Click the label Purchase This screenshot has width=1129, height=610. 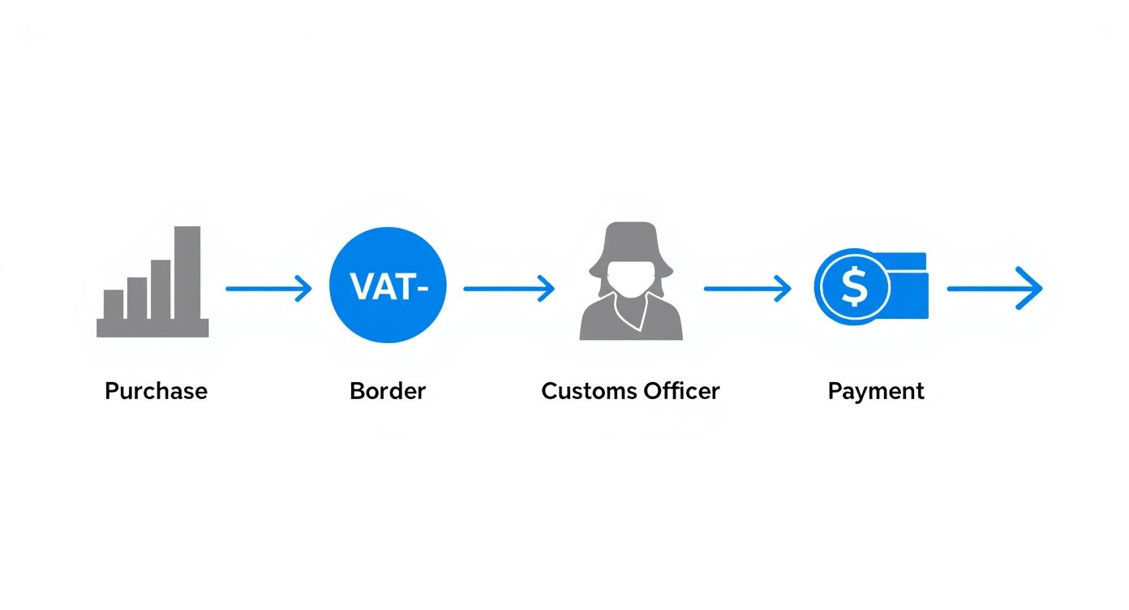click(x=156, y=391)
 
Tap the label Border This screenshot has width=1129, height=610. click(x=388, y=391)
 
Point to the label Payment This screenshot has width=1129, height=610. click(x=876, y=391)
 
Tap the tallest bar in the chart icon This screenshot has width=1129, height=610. click(x=187, y=273)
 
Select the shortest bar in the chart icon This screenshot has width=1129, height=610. click(x=114, y=304)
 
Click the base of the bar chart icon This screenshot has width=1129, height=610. click(x=152, y=328)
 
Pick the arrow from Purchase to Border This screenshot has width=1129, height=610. click(x=268, y=288)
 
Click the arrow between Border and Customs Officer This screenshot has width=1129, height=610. click(x=509, y=288)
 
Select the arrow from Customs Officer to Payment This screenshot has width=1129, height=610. click(x=747, y=288)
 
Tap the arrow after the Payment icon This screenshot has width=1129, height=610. click(x=994, y=288)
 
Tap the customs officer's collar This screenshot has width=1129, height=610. click(x=632, y=312)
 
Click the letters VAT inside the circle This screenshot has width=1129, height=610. click(x=380, y=286)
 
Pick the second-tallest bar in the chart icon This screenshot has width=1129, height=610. click(x=161, y=289)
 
